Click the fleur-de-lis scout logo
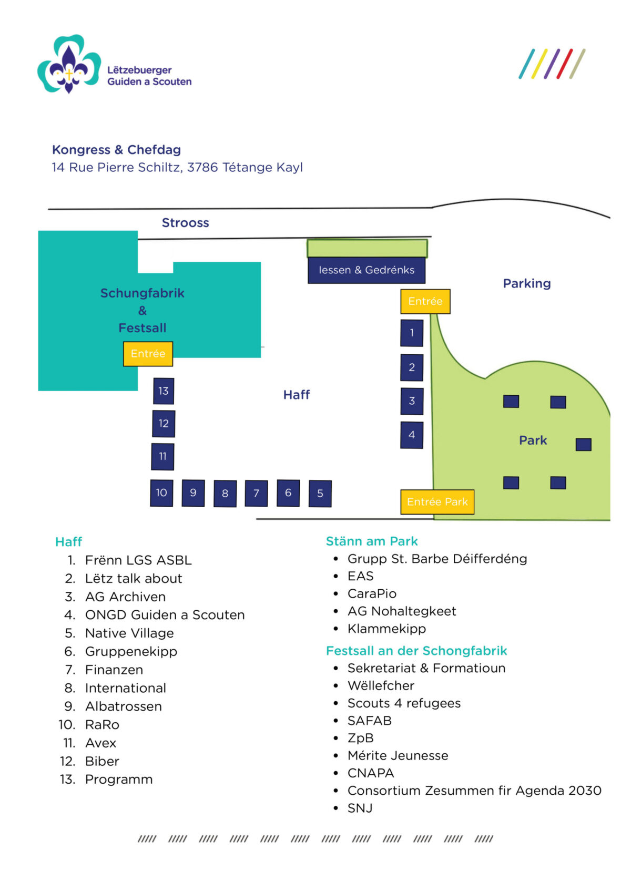(x=69, y=64)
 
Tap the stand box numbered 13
(x=164, y=391)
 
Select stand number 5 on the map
(x=320, y=494)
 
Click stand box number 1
(x=412, y=333)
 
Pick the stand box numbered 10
(x=161, y=493)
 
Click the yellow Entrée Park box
(x=437, y=502)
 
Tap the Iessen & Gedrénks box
(x=367, y=270)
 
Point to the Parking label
(x=526, y=284)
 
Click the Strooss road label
(x=185, y=223)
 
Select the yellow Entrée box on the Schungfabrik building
(x=148, y=354)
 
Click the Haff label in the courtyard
(x=297, y=395)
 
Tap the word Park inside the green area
(x=533, y=440)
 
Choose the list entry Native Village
(x=129, y=633)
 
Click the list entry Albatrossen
(x=124, y=706)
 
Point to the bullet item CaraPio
(x=372, y=594)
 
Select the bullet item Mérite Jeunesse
(x=398, y=756)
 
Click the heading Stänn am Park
(x=372, y=541)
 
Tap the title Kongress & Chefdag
(x=116, y=150)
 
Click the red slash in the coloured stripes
(x=564, y=64)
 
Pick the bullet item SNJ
(x=360, y=808)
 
